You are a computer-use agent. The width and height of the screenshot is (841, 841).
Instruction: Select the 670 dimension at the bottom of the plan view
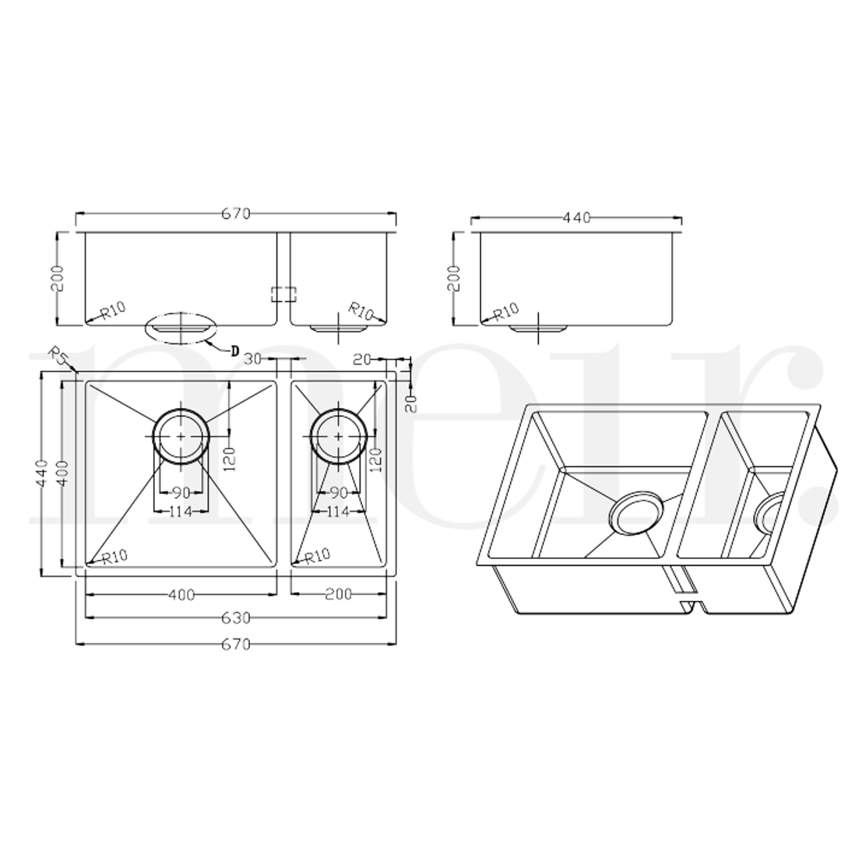click(235, 644)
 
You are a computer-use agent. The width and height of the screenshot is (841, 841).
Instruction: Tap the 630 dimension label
click(235, 618)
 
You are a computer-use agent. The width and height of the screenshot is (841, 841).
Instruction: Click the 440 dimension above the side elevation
click(576, 218)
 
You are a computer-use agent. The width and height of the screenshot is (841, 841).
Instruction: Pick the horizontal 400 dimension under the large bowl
click(181, 596)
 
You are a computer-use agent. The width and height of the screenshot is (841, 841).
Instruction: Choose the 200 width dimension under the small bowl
click(338, 595)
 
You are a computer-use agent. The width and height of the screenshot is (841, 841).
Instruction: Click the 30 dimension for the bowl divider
click(252, 359)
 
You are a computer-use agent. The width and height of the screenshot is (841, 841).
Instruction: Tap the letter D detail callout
click(235, 350)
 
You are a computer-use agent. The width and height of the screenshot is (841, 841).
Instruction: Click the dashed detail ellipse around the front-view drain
click(181, 328)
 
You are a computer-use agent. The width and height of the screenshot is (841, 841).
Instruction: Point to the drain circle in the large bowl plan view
click(181, 436)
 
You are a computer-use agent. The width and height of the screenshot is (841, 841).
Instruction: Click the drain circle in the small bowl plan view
click(338, 436)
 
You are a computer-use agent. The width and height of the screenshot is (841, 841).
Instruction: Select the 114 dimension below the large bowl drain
click(181, 512)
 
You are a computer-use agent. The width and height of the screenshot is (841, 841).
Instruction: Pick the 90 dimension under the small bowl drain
click(338, 493)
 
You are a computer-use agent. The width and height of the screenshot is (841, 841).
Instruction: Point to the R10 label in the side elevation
click(505, 311)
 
